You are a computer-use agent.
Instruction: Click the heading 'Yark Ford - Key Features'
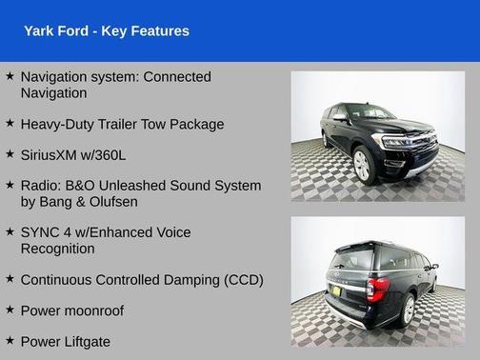106,31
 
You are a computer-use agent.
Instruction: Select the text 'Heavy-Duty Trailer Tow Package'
122,124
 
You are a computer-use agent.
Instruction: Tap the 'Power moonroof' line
71,310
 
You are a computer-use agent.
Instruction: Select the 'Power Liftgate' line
65,340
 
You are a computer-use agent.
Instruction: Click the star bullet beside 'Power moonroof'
10,310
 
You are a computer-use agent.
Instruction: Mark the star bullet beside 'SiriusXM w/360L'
10,154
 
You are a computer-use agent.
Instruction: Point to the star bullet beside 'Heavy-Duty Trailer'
10,124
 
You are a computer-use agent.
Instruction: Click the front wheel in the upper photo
362,164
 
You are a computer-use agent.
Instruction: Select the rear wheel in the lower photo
410,306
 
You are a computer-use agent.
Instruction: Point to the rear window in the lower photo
354,256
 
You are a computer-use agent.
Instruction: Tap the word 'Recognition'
57,249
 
